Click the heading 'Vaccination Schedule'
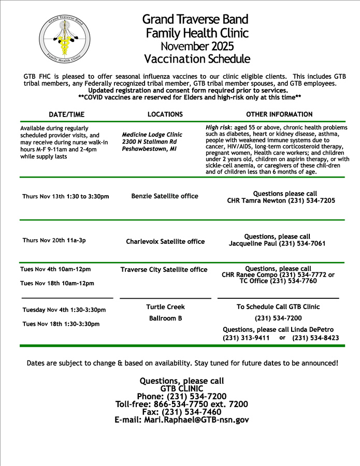pos(197,59)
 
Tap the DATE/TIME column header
pos(66,114)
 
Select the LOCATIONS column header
pos(165,114)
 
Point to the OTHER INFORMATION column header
pos(279,114)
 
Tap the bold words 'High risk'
pos(218,127)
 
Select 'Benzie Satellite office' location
pos(165,196)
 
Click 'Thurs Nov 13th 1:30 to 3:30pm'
pos(66,197)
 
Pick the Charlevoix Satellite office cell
pos(165,241)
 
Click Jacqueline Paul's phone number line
pos(277,243)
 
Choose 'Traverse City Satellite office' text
pos(164,270)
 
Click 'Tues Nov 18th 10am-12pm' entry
pos(57,283)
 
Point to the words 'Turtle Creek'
pos(165,307)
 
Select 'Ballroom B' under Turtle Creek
pos(165,318)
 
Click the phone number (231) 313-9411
pos(246,338)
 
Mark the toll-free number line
pos(181,404)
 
